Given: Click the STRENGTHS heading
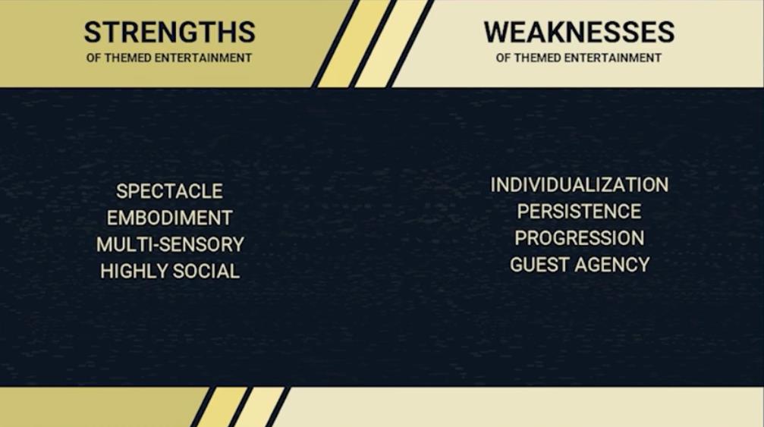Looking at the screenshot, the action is point(169,32).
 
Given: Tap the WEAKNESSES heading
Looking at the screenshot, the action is point(579,32).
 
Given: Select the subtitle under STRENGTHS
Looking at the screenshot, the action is point(169,58).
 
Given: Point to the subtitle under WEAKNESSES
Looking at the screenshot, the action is point(578,58).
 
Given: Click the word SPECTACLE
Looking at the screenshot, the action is point(169,191).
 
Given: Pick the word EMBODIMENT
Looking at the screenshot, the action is point(169,218).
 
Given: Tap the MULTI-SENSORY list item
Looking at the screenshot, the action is point(170,244).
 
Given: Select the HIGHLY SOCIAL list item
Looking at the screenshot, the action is point(170,272).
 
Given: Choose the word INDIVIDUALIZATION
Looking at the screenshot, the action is point(580,185).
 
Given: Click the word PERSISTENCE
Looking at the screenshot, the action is point(579,212).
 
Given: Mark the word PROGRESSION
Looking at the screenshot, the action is point(580,238).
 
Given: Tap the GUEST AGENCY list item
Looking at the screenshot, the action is point(580,265).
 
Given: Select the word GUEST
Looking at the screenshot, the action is point(539,265).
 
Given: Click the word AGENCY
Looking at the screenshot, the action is point(612,265).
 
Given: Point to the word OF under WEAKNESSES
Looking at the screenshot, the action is point(503,58).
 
